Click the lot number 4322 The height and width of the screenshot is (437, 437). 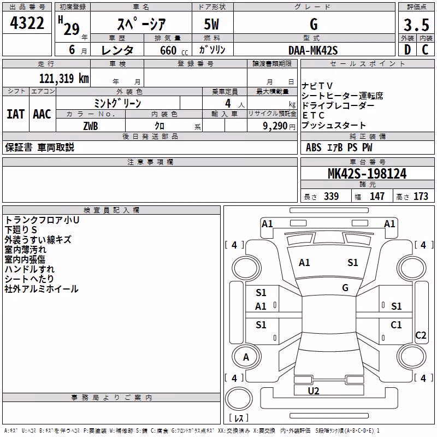click(x=27, y=23)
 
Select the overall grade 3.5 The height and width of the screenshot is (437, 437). click(x=416, y=25)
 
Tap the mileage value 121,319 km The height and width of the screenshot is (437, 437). click(x=64, y=79)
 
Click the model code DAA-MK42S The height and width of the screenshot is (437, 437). click(x=313, y=50)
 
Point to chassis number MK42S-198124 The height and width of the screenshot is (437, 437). click(x=367, y=174)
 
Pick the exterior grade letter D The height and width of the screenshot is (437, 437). click(x=407, y=50)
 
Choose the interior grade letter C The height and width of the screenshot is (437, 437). click(x=425, y=50)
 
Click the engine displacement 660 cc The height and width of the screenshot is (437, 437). click(x=174, y=51)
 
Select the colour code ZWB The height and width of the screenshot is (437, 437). click(x=91, y=126)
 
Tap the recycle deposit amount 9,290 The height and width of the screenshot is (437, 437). click(x=275, y=126)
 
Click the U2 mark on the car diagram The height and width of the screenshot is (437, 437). click(x=314, y=391)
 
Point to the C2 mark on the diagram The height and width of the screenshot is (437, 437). click(x=421, y=335)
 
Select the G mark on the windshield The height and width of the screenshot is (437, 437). click(x=345, y=288)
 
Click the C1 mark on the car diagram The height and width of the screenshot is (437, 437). click(x=396, y=324)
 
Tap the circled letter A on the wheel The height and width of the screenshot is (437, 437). click(x=246, y=357)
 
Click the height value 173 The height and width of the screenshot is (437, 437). click(x=421, y=196)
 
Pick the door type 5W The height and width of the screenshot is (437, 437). click(x=211, y=24)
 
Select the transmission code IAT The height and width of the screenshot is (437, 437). click(x=16, y=114)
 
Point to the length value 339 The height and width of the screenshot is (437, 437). click(x=332, y=196)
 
